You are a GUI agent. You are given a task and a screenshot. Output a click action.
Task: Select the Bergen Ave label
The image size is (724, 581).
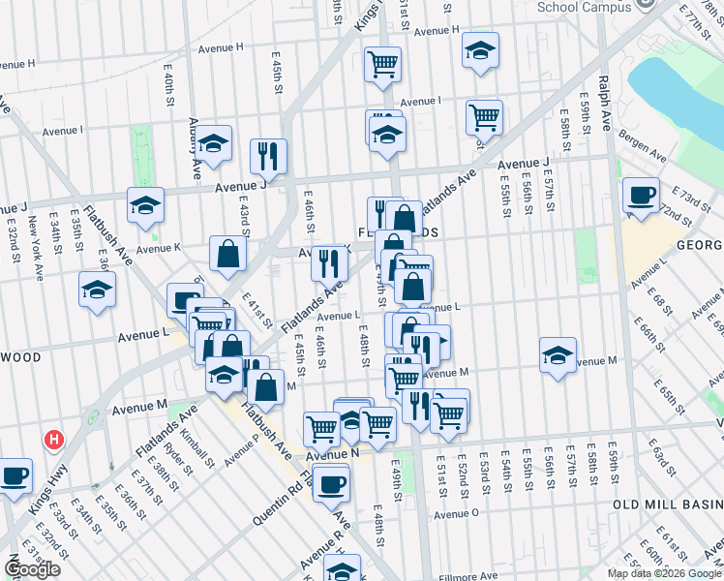coord(644,146)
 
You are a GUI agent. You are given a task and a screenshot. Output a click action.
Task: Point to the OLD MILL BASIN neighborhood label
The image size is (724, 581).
coord(667,505)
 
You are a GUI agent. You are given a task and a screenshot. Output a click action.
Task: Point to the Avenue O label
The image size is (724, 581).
coord(457,513)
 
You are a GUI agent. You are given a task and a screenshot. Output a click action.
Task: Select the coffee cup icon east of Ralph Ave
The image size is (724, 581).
coord(640,196)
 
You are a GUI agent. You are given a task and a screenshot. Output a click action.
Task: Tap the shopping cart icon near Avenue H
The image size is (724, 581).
coord(383,64)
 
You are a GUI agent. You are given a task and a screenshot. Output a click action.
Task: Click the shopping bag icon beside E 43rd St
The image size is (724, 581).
coord(228,255)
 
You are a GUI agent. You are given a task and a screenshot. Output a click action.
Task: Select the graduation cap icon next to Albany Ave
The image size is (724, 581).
coord(215,144)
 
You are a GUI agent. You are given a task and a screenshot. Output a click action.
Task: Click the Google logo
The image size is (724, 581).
coord(33,569)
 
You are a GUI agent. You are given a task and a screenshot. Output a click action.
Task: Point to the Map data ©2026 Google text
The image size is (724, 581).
coord(664,572)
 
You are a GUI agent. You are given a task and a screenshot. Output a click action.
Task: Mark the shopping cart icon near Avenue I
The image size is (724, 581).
coord(484,118)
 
